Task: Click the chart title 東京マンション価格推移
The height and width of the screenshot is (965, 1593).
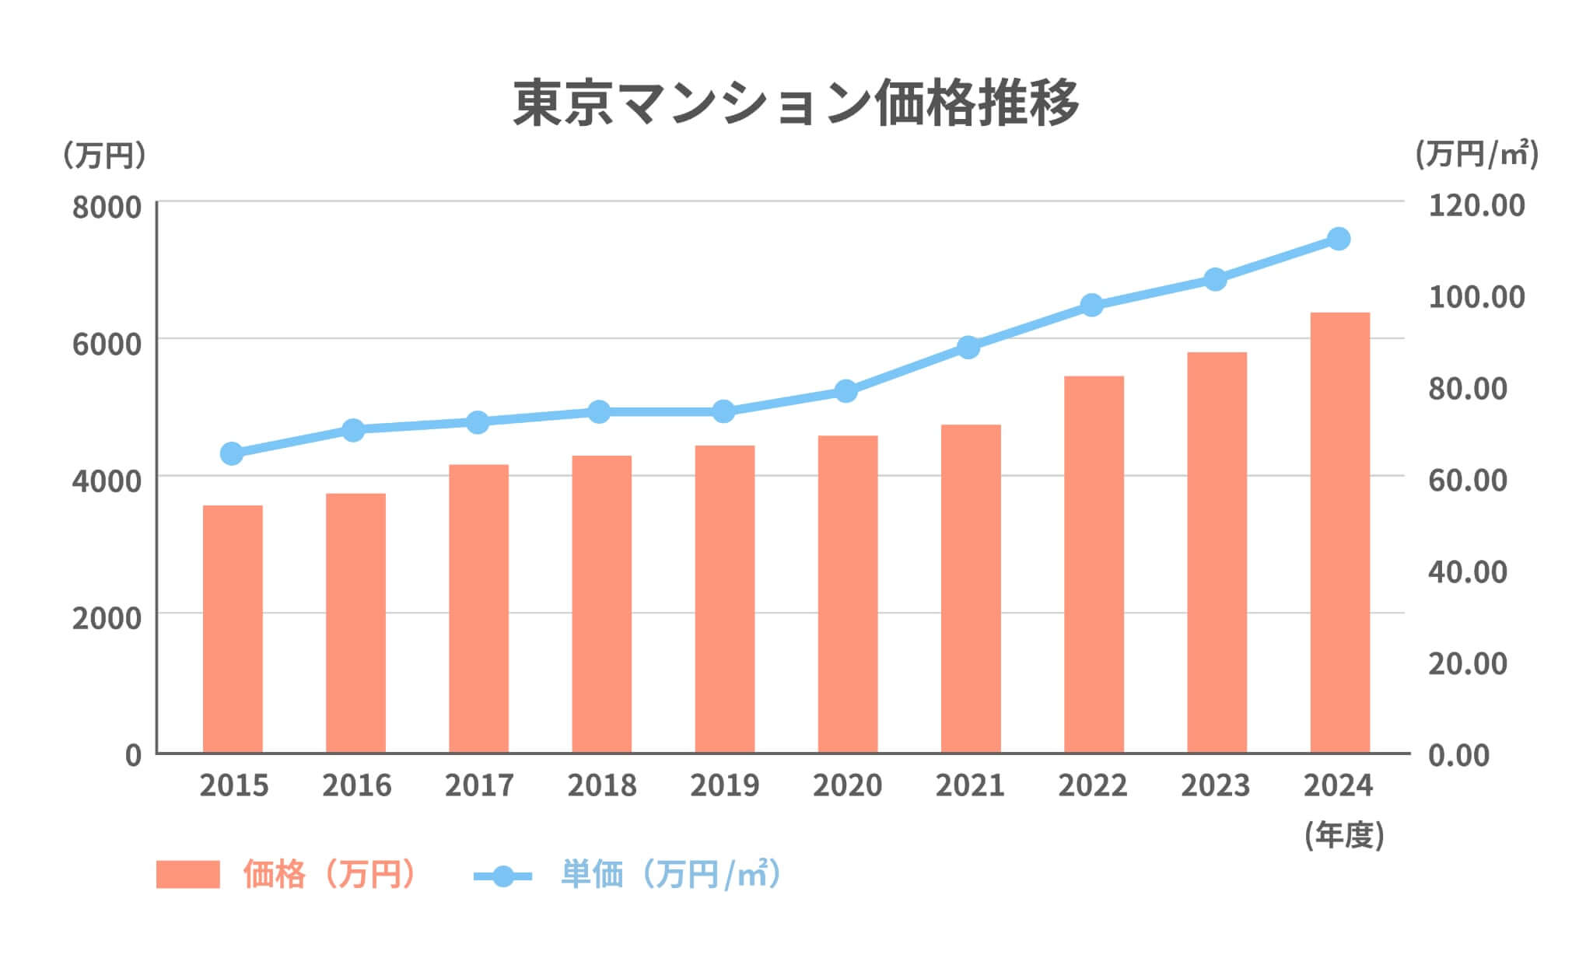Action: (x=796, y=103)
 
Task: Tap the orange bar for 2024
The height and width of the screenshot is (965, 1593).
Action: (x=1339, y=532)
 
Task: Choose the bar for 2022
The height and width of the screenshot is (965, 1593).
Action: (x=1094, y=564)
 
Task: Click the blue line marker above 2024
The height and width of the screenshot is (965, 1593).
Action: (x=1338, y=239)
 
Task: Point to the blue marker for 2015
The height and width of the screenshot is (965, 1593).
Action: (x=232, y=453)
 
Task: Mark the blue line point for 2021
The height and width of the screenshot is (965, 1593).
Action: (x=968, y=347)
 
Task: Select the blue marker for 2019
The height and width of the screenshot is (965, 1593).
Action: (x=723, y=411)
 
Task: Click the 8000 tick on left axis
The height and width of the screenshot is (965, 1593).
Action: (x=107, y=208)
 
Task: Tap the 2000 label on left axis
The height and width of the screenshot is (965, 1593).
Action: (x=107, y=619)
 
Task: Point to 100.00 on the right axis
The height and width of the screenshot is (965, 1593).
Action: (x=1476, y=297)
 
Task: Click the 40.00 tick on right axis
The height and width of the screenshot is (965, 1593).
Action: (x=1467, y=572)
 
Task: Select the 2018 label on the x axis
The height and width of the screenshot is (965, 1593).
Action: (x=601, y=785)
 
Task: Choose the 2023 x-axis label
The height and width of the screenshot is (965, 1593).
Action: (x=1215, y=785)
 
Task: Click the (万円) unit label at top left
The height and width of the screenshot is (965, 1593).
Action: (x=103, y=156)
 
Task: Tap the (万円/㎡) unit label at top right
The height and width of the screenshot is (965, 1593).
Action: (x=1476, y=154)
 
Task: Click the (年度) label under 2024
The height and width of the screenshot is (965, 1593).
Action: (x=1344, y=835)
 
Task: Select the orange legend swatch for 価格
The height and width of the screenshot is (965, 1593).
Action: (x=187, y=874)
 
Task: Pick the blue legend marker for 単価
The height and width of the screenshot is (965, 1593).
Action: (x=502, y=876)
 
